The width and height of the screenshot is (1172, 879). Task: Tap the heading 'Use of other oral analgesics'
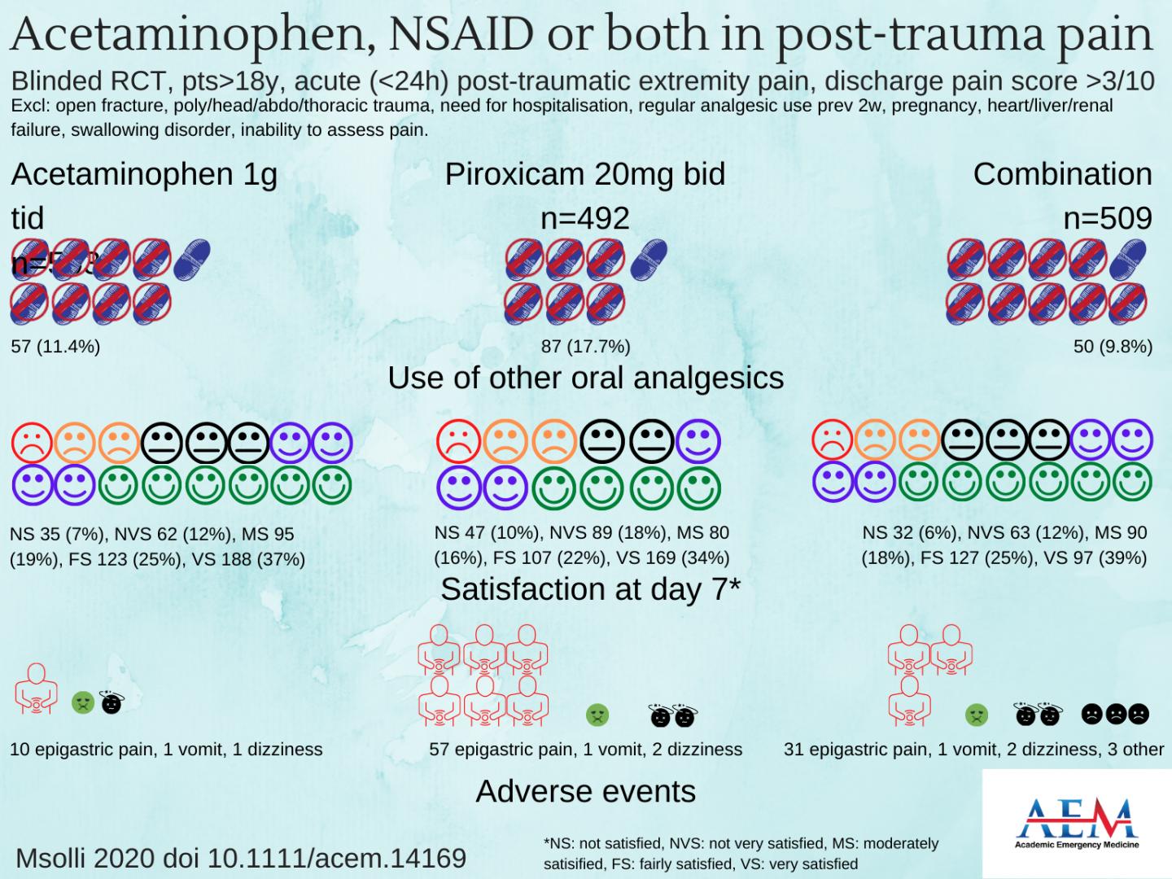click(585, 378)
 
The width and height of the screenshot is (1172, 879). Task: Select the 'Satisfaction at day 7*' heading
click(590, 589)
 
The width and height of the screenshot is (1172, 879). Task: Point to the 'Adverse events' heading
click(585, 791)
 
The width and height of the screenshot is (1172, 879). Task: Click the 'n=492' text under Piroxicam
click(585, 218)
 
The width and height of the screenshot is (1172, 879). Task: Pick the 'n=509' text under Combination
click(1108, 218)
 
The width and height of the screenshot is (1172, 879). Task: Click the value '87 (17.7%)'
click(585, 347)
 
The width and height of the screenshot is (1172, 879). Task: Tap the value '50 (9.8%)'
click(1113, 347)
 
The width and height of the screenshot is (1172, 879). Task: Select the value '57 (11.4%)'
click(55, 347)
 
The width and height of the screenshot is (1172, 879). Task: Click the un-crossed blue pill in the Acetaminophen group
click(192, 257)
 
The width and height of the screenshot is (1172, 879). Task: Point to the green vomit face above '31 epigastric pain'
click(976, 715)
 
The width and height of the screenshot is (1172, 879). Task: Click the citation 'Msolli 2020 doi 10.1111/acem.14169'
click(241, 858)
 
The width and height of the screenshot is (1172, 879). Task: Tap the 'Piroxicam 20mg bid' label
click(584, 174)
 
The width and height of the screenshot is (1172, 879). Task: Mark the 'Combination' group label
click(1062, 174)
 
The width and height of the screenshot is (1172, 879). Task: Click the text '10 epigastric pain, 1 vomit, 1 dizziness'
click(166, 749)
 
